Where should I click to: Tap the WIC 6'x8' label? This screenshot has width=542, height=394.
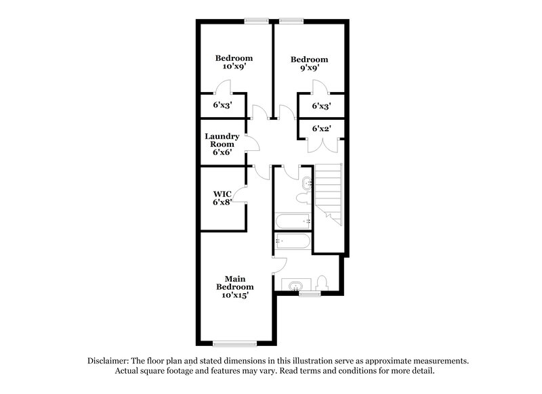pos(222,197)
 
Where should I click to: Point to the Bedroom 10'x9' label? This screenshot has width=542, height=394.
pos(234,62)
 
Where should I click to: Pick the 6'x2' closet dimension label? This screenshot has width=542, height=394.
pos(321,128)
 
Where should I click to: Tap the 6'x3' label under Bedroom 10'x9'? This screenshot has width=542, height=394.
pos(222,106)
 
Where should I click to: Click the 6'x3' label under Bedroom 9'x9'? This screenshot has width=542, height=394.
pos(321,106)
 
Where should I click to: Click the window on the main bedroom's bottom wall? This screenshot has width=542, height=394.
pos(234,343)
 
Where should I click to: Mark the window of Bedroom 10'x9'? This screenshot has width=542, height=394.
pos(255,20)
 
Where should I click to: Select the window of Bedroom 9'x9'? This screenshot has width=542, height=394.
pos(291,20)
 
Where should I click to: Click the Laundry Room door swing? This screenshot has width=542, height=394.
pos(252,144)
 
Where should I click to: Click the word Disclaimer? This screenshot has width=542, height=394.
pos(110,361)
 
